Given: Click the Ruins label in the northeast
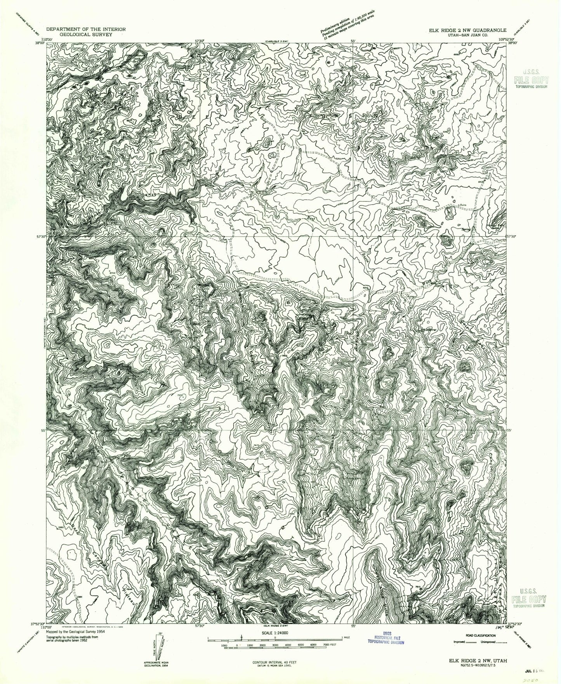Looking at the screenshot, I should [462, 205].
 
